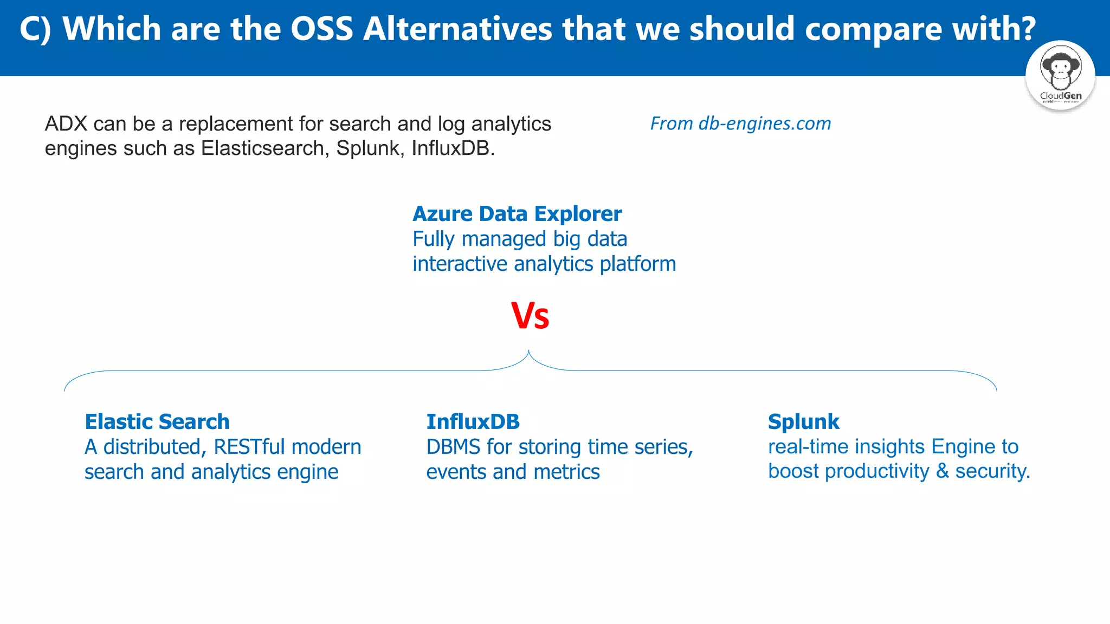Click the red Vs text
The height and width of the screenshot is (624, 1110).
(530, 316)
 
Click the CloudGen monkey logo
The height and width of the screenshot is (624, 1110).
(1060, 75)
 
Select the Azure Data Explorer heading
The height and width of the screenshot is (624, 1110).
(517, 214)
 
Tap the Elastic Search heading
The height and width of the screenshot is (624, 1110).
(157, 422)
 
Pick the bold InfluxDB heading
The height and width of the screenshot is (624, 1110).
(473, 422)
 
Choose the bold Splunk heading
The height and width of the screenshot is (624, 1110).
(803, 422)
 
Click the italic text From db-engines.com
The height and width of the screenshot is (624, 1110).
(740, 123)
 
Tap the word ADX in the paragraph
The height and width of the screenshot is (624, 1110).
(66, 124)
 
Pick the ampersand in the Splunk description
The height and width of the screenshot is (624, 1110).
(943, 471)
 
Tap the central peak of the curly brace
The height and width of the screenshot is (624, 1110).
(529, 353)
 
